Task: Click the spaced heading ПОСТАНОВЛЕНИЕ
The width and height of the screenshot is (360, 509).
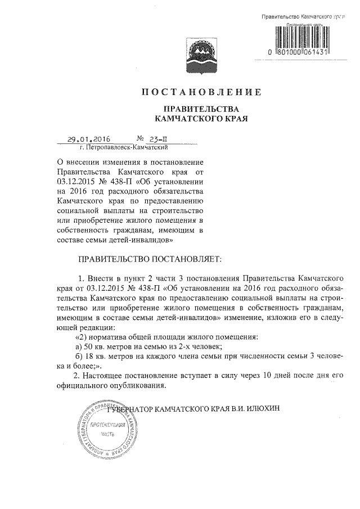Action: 201,92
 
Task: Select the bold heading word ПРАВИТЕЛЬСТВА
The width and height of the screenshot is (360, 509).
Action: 201,108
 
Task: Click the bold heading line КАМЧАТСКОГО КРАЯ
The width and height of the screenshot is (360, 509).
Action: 201,119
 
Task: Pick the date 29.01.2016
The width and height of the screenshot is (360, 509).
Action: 88,139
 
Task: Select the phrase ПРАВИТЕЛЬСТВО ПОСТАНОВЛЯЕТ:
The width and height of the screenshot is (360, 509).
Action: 149,259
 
